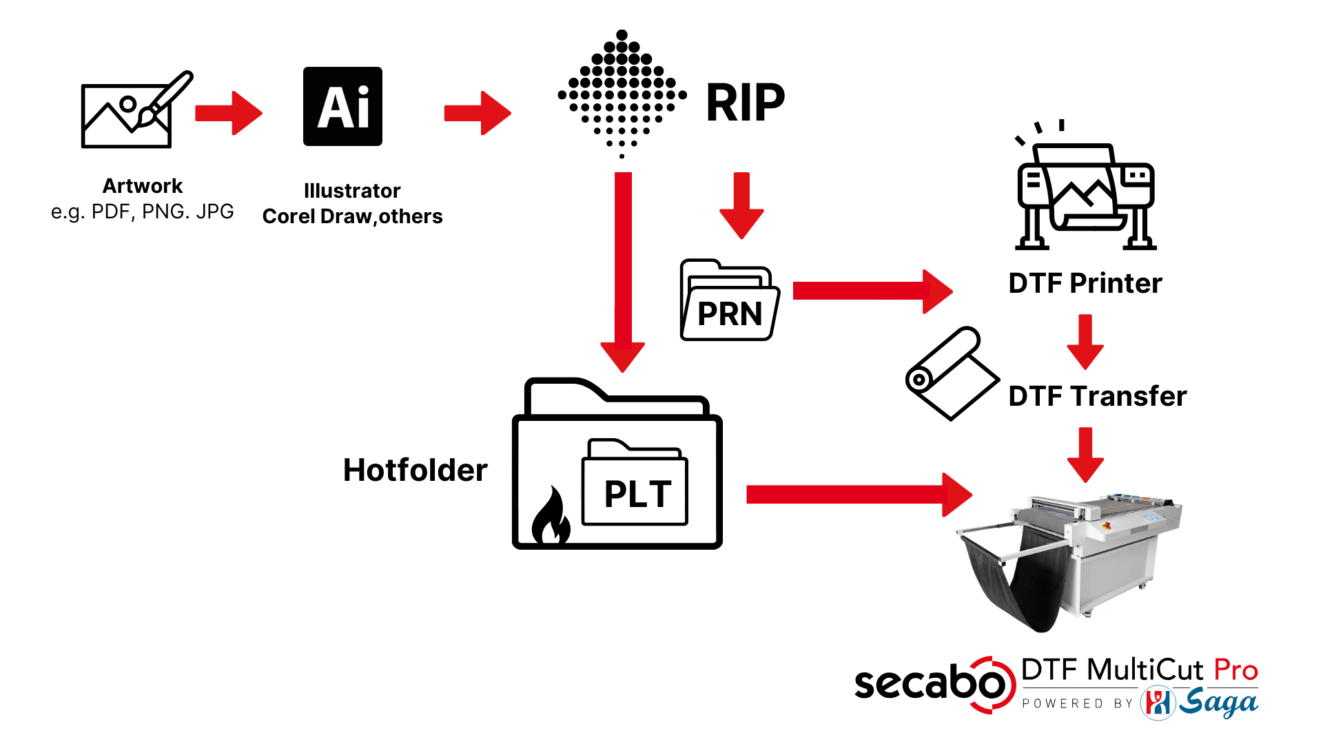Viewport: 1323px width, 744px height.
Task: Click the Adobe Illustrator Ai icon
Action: [342, 106]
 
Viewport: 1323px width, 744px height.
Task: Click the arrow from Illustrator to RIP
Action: [478, 113]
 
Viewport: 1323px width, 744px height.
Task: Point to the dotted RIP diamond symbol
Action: [622, 94]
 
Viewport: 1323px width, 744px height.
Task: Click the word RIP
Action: [745, 103]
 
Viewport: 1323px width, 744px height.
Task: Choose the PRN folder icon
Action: [730, 302]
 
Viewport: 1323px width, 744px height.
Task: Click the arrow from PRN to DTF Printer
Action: [872, 291]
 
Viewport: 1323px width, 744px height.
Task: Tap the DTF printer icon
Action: [1085, 189]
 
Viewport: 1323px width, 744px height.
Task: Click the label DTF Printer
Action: [1085, 283]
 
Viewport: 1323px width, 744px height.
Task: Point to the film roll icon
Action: [951, 373]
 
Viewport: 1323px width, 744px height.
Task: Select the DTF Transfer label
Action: [1097, 396]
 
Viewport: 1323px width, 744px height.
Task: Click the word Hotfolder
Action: [415, 470]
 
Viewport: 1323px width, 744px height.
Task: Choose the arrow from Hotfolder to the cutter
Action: [859, 494]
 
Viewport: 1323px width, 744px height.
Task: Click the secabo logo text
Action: [930, 684]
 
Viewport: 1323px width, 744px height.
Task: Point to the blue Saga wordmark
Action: [1218, 703]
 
